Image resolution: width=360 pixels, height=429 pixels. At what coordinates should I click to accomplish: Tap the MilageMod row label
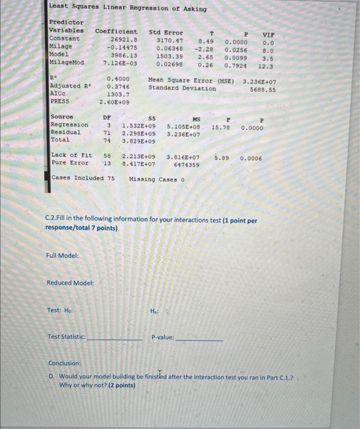click(x=67, y=63)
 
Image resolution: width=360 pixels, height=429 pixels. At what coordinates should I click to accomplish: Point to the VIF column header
click(x=268, y=34)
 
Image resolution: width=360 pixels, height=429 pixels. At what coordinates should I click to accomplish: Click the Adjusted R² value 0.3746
click(x=118, y=87)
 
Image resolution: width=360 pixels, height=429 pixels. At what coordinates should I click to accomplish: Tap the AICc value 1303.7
click(x=118, y=94)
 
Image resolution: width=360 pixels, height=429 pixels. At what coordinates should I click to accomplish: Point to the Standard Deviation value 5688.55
click(x=263, y=89)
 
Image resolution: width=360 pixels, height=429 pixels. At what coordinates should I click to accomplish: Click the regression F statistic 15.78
click(x=220, y=127)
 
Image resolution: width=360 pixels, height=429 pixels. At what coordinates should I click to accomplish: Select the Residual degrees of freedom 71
click(x=106, y=132)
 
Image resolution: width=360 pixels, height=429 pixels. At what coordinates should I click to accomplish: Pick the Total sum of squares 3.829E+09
click(x=139, y=140)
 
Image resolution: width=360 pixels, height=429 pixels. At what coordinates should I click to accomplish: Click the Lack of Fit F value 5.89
click(x=222, y=158)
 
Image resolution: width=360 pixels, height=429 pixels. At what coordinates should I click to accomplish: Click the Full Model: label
click(x=62, y=255)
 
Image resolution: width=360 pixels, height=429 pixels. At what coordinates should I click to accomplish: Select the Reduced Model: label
click(x=70, y=283)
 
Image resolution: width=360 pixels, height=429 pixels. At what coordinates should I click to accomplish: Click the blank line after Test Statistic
click(x=114, y=338)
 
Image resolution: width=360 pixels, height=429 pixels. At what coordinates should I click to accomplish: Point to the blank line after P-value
click(x=199, y=338)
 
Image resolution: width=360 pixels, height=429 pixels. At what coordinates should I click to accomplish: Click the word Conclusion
click(x=66, y=363)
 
